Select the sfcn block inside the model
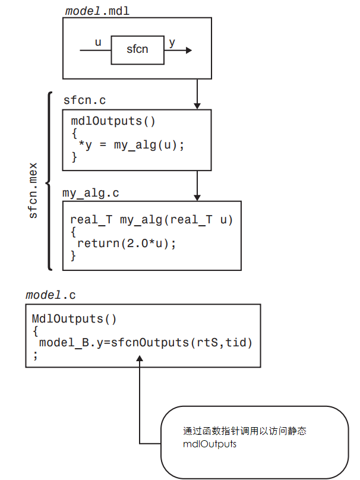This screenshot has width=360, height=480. pyautogui.click(x=137, y=50)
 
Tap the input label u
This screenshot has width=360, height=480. pyautogui.click(x=98, y=43)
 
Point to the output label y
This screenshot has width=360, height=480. pyautogui.click(x=172, y=43)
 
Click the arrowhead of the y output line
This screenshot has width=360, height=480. pyautogui.click(x=188, y=50)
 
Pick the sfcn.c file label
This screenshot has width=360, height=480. pyautogui.click(x=84, y=100)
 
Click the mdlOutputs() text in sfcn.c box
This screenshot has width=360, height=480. pyautogui.click(x=113, y=121)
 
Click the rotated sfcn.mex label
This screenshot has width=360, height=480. pyautogui.click(x=33, y=190)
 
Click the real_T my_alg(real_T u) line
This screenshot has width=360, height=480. pyautogui.click(x=151, y=220)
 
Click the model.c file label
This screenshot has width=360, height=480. pyautogui.click(x=50, y=295)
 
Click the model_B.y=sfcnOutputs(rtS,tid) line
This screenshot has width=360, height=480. pyautogui.click(x=146, y=343)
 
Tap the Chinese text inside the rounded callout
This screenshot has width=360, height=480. pyautogui.click(x=244, y=431)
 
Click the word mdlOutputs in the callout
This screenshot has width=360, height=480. pyautogui.click(x=210, y=444)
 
